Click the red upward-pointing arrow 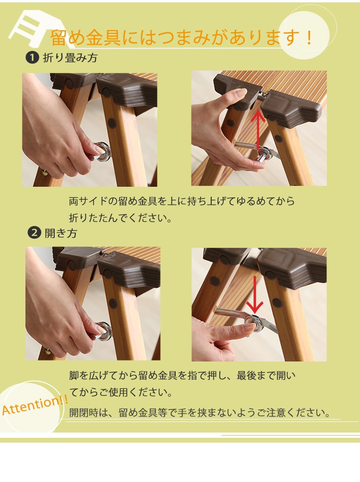coord(258,129)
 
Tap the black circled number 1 coord(32,58)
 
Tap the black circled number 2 coord(34,232)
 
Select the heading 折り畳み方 coord(71,58)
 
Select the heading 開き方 coord(61,233)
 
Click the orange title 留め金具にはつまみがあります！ coord(181,38)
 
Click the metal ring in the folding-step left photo coord(103,152)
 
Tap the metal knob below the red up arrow coord(263,154)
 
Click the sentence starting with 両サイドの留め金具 coord(182,201)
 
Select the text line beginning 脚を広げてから coord(182,375)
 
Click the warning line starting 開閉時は coord(200,412)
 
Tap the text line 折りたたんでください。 coord(120,217)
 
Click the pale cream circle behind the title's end coord(304,33)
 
